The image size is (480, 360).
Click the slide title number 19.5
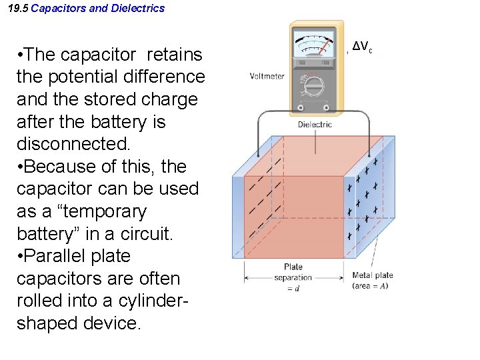(x=18, y=9)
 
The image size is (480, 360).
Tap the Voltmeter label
(x=267, y=76)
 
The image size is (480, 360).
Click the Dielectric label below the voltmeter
(x=315, y=125)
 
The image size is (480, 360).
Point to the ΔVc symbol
(x=362, y=47)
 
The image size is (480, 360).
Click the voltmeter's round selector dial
(x=314, y=87)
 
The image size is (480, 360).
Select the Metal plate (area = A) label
(x=373, y=280)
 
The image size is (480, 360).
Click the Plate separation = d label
(x=293, y=277)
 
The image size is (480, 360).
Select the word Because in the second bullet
(x=61, y=166)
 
